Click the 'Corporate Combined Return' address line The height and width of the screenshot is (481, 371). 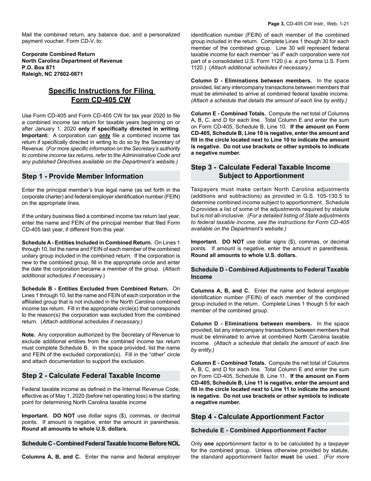click(x=58, y=54)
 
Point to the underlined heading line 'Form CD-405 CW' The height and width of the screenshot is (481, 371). click(x=101, y=100)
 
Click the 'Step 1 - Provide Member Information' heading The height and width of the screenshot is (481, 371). click(x=82, y=176)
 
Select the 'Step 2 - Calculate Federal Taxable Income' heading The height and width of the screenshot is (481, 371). click(x=91, y=375)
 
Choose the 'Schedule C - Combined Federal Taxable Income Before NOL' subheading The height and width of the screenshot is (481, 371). click(x=101, y=443)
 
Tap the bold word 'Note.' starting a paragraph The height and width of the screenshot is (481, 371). click(x=29, y=335)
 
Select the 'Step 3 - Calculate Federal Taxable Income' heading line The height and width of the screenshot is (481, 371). click(x=260, y=167)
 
